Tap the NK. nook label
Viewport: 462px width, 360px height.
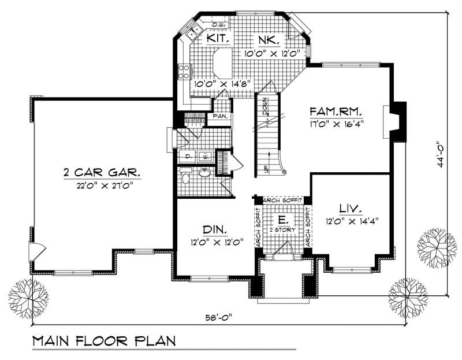[x=270, y=40]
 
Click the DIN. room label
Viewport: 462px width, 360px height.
[x=213, y=229]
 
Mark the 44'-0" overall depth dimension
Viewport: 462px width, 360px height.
[x=440, y=154]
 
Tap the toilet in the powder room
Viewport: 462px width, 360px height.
[x=185, y=177]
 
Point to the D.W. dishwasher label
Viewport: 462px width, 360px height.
[x=218, y=24]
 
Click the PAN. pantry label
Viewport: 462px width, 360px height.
[x=220, y=116]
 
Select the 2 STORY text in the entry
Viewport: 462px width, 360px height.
[x=283, y=229]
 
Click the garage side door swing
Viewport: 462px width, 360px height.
[x=36, y=252]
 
